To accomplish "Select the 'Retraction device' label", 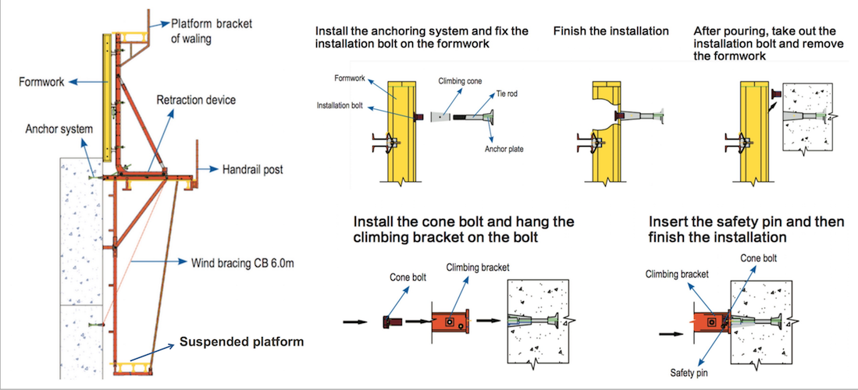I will tap(196, 100).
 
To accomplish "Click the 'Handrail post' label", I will tap(252, 168).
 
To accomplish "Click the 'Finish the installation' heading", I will tap(611, 31).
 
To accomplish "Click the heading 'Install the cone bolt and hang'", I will tap(463, 222).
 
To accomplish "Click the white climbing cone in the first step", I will tap(441, 117).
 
